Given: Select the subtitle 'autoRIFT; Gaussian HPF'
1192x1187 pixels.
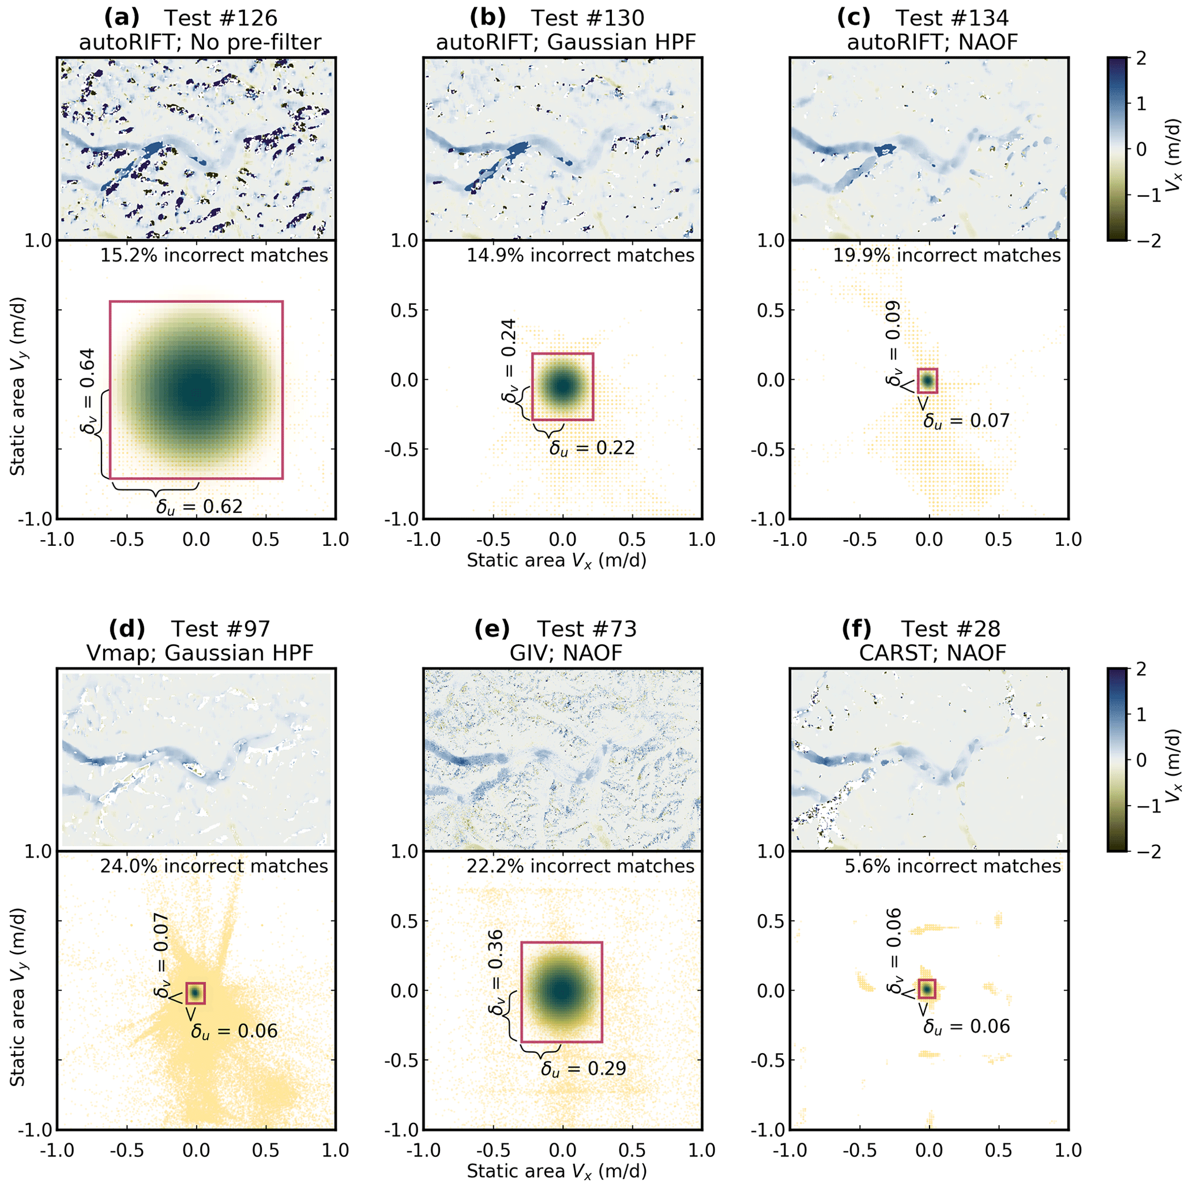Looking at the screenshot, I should point(566,43).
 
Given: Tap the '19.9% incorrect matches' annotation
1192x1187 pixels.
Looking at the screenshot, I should point(946,256).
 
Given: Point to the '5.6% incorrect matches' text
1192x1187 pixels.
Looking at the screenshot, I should point(953,866).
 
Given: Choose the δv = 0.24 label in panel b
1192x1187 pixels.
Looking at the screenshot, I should point(510,361).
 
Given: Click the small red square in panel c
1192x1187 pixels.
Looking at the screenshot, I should point(927,380).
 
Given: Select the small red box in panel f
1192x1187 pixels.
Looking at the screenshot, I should point(927,988).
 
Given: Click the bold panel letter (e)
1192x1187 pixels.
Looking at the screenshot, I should point(492,629).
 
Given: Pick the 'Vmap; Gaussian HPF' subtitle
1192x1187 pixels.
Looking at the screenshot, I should point(200,653).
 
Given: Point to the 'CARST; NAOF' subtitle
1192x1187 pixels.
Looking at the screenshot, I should point(932,653).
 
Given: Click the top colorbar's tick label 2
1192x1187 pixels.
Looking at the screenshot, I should point(1140,59).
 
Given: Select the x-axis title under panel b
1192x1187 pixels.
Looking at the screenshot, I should point(556,560).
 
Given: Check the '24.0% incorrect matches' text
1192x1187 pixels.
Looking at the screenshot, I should point(214,866).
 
